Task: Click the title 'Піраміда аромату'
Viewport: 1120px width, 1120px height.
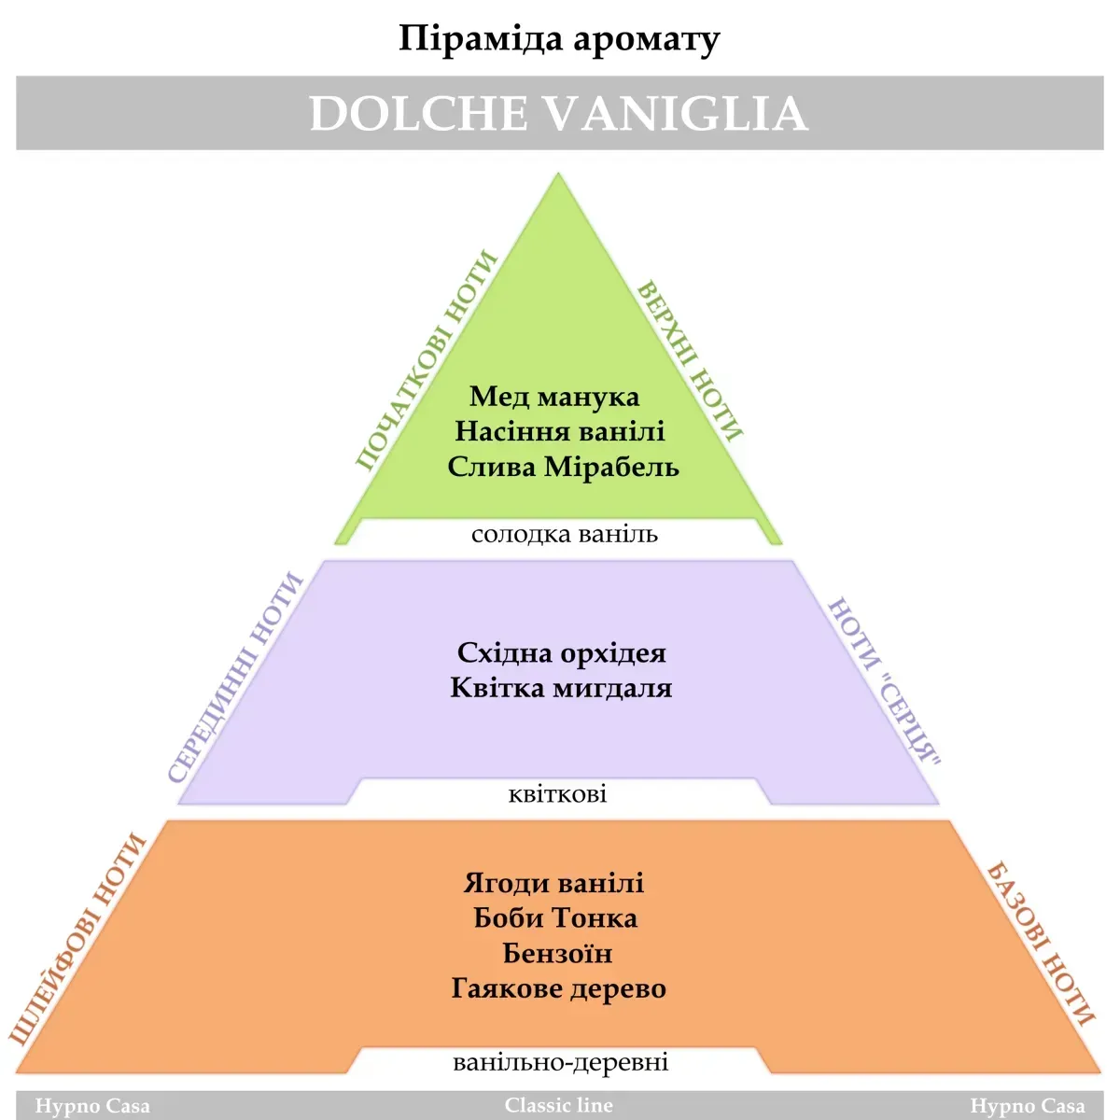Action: tap(559, 39)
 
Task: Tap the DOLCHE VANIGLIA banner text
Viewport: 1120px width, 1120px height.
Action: tap(558, 113)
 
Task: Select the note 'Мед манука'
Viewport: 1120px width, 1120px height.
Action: tap(554, 397)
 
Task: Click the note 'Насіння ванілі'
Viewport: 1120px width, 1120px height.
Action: tap(560, 432)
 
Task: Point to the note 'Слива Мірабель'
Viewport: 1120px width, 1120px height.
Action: tap(563, 467)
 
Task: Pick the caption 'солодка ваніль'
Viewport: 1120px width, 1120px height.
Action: tap(565, 534)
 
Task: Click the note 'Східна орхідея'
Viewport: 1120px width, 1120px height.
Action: tap(562, 653)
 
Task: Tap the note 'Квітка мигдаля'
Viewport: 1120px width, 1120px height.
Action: tap(561, 688)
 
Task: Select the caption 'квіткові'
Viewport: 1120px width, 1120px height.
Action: tap(557, 794)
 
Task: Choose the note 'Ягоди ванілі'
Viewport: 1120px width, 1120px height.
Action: tap(553, 884)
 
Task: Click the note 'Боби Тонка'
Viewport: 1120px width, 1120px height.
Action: tap(555, 918)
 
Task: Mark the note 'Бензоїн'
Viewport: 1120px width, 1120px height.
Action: tap(557, 953)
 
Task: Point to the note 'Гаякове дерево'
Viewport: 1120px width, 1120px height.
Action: tap(558, 988)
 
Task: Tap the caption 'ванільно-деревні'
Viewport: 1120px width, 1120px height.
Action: tap(561, 1062)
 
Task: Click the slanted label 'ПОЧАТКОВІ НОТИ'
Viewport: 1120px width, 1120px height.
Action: tap(426, 359)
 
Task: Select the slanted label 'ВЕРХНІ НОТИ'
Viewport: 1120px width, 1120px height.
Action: tap(691, 361)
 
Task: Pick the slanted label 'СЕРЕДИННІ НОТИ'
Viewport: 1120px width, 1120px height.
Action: tap(235, 678)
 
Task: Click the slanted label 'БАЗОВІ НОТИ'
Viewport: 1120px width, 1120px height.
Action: tap(1041, 945)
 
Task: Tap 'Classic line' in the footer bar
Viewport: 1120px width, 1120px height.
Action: tap(558, 1105)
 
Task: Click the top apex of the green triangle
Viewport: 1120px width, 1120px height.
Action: tap(558, 173)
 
